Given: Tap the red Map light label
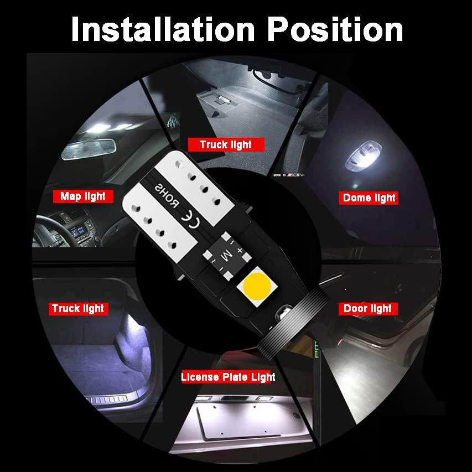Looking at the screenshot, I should click(x=83, y=196).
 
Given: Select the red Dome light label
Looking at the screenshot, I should click(x=369, y=198).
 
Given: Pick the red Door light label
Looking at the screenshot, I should click(x=367, y=308).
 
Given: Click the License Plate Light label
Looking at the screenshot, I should click(x=228, y=377).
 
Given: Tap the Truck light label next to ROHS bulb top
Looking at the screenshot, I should click(x=225, y=144).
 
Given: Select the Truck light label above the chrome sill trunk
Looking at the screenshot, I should click(x=78, y=308).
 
